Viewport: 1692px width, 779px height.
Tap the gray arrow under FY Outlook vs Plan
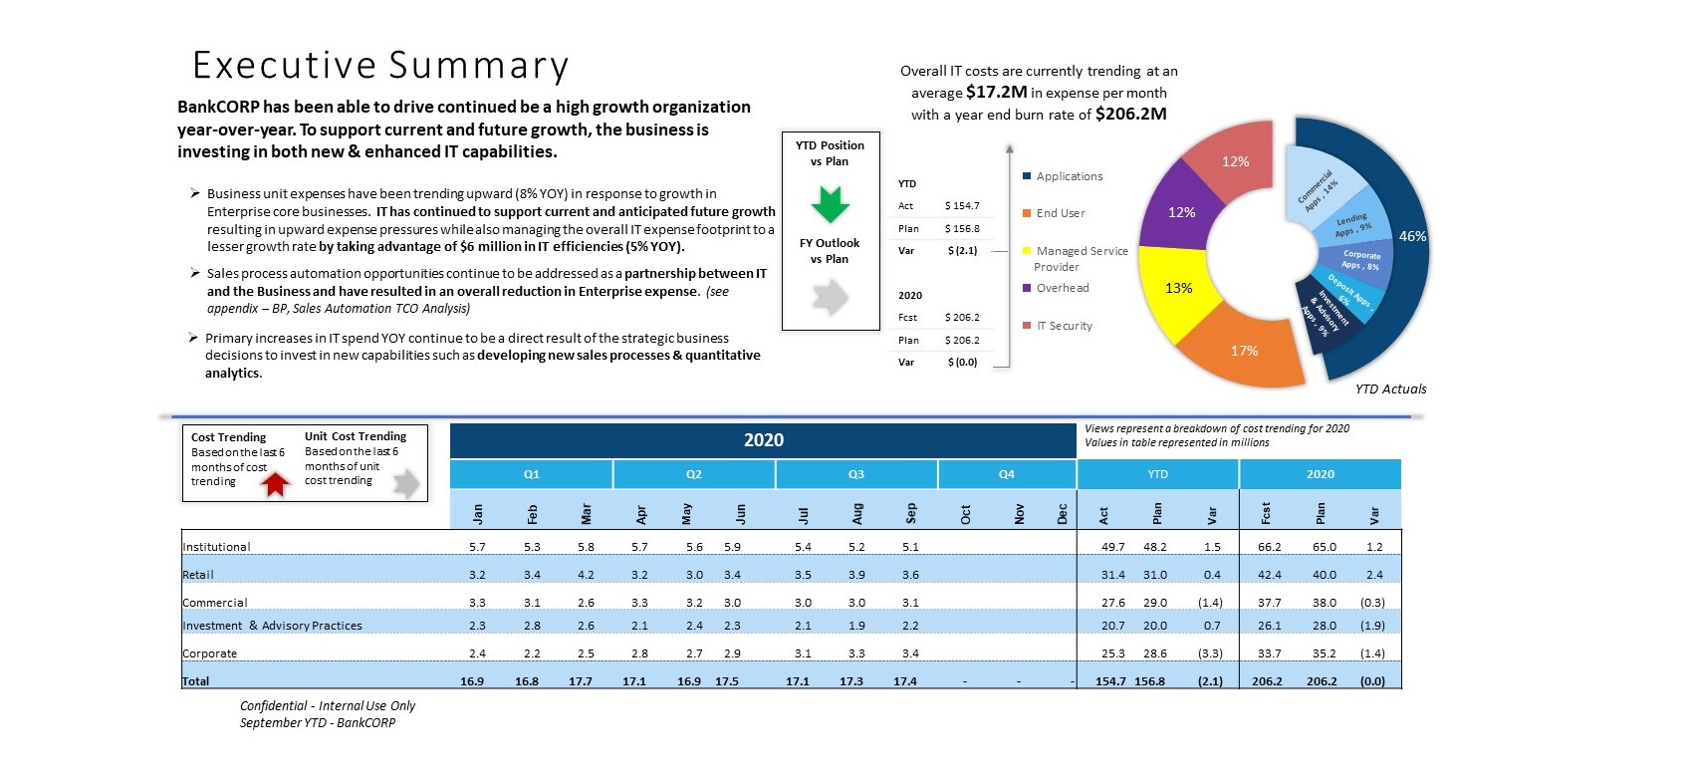point(831,296)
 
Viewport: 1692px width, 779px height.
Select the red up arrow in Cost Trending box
point(276,484)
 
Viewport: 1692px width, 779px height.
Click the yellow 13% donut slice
point(1177,291)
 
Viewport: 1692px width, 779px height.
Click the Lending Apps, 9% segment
point(1352,224)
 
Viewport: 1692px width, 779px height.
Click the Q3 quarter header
point(855,474)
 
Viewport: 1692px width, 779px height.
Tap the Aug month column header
point(856,514)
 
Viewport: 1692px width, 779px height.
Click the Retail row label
point(198,574)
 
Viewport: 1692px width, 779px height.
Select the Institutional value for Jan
point(477,546)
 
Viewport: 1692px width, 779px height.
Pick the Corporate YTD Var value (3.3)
point(1210,652)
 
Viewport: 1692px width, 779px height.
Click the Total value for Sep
point(905,680)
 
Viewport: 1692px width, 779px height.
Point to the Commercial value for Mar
point(586,603)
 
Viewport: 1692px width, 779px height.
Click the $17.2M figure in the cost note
point(996,93)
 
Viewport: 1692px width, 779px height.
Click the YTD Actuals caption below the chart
point(1390,389)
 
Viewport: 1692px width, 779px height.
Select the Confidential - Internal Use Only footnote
point(327,705)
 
